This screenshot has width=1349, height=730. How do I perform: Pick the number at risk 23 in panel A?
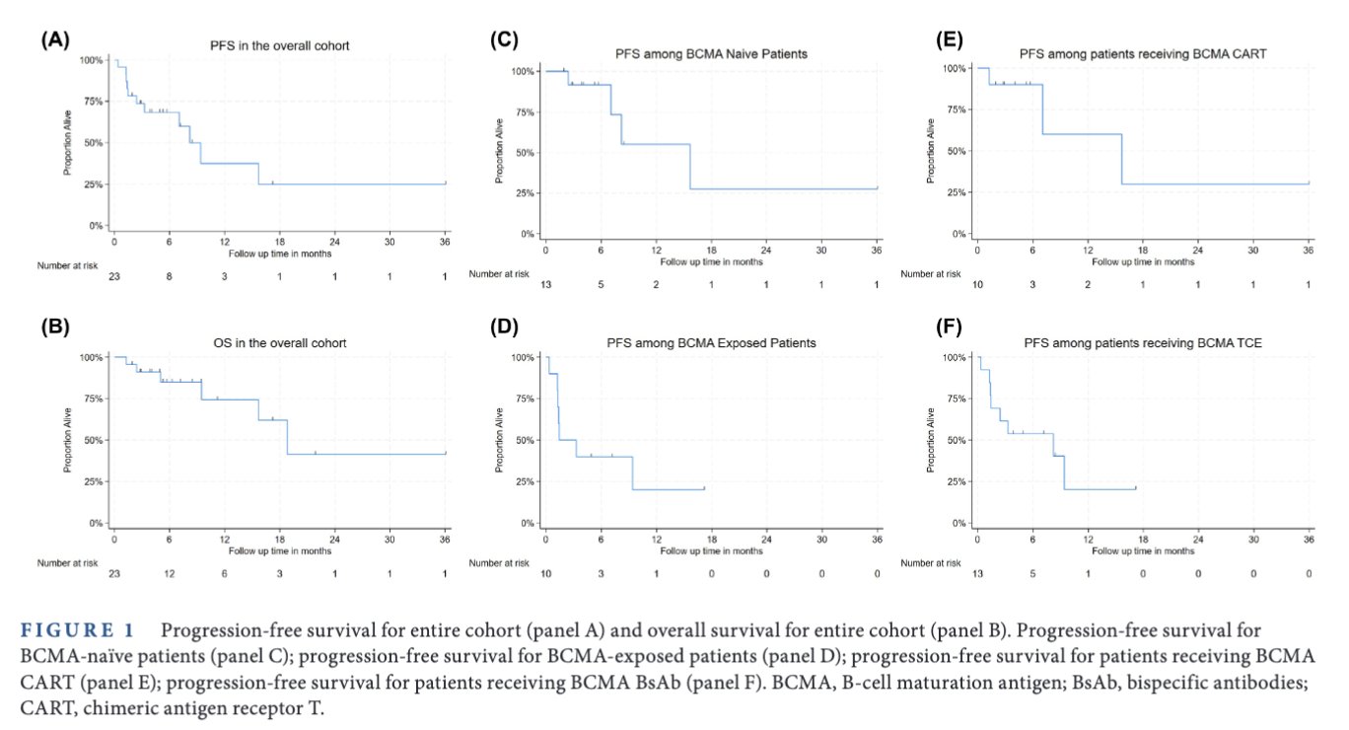coord(114,277)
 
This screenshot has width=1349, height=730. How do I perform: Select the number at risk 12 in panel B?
coord(170,574)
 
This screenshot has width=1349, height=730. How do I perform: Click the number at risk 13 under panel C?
coord(546,285)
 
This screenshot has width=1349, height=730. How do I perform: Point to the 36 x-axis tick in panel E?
coord(1309,252)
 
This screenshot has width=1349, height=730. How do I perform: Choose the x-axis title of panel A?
coord(279,254)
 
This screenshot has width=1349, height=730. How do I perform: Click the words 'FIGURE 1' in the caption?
coord(85,630)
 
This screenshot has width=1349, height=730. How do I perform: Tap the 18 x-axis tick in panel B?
coord(280,541)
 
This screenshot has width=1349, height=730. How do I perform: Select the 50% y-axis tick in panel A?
coord(91,143)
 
